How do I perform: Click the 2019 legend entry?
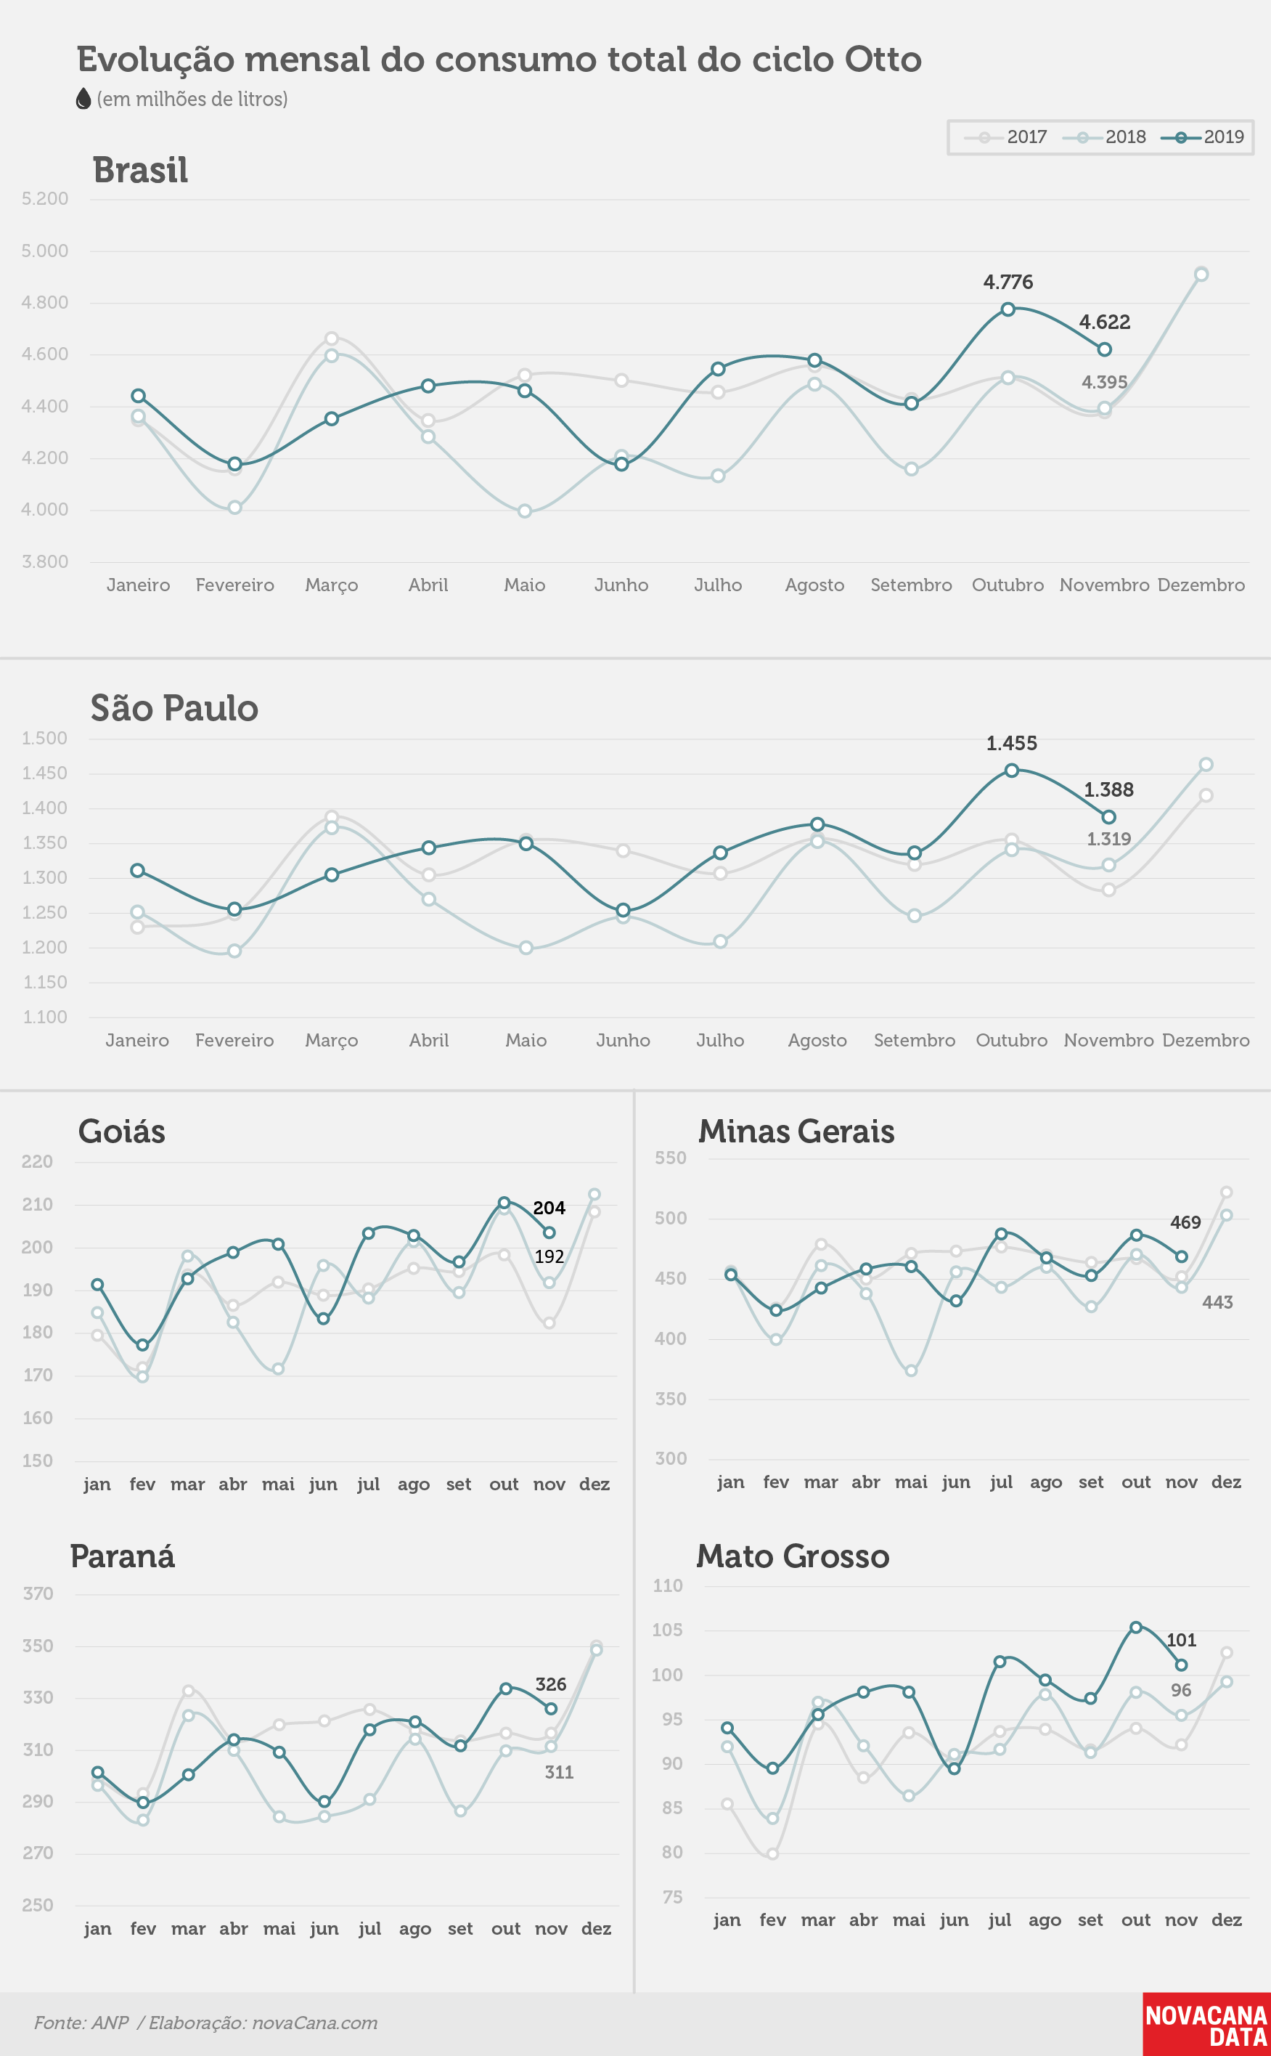click(1203, 137)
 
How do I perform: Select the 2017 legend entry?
click(1005, 137)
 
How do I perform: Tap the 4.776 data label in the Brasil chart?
click(1008, 282)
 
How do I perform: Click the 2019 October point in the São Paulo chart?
click(1012, 771)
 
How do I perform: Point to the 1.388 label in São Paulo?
click(1108, 789)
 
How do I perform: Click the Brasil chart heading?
click(140, 170)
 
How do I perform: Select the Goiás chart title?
click(122, 1131)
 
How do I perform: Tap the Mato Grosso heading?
click(793, 1556)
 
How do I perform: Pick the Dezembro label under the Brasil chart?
click(1201, 585)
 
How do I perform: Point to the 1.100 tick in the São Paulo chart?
click(44, 1017)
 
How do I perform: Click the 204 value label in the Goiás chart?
click(549, 1208)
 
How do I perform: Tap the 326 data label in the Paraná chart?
click(551, 1683)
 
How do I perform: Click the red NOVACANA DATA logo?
click(1206, 2024)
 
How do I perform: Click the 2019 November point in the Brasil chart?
click(1105, 349)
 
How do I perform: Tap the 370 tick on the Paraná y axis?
click(38, 1593)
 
